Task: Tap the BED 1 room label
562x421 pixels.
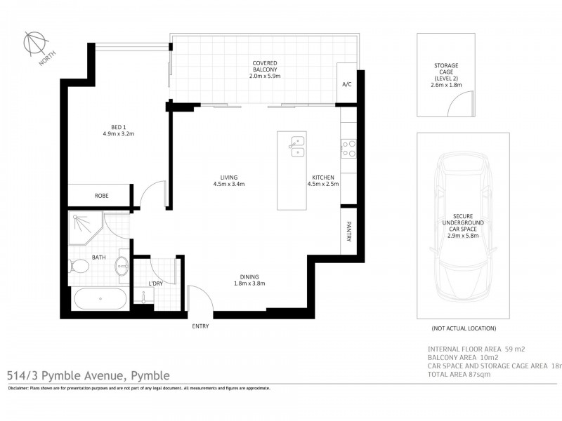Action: [x=118, y=130]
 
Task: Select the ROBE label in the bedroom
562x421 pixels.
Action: [x=102, y=196]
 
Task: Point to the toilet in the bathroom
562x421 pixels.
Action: [x=81, y=267]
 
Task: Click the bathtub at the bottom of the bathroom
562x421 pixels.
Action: [x=100, y=299]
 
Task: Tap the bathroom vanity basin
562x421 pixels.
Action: [x=122, y=266]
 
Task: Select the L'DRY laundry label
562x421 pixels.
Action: [x=157, y=283]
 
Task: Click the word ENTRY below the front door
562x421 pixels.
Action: [x=200, y=326]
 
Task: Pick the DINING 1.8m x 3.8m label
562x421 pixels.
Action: [x=249, y=280]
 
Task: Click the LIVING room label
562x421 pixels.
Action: [x=228, y=181]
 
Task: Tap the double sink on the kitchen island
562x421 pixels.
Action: [x=297, y=145]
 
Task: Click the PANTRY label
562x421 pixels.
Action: [x=348, y=232]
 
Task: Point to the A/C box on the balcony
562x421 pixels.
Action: [x=346, y=84]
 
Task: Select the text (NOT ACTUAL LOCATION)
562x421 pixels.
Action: [x=464, y=328]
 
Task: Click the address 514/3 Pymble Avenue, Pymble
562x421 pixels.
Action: [x=88, y=375]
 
